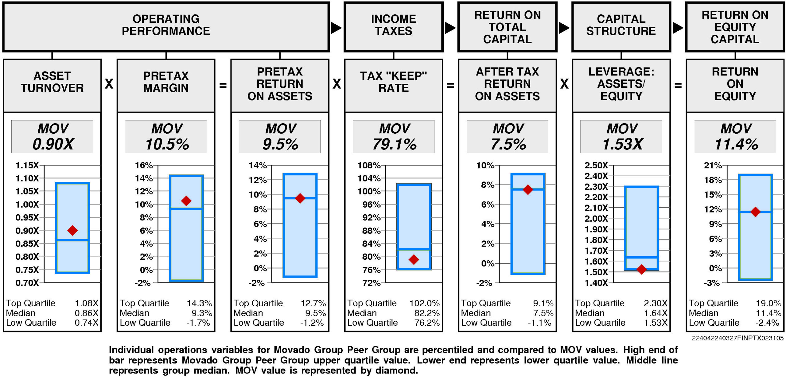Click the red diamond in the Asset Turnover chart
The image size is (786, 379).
[72, 230]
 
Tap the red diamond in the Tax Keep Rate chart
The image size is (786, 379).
[414, 259]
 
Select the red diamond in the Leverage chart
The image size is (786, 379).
[642, 269]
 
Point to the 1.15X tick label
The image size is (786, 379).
[27, 165]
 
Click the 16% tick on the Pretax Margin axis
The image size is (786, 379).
[144, 165]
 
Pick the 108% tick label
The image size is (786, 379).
[369, 165]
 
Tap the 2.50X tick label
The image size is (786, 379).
[596, 165]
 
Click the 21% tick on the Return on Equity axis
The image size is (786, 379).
[713, 165]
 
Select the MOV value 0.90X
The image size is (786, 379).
[53, 144]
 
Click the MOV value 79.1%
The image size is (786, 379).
[395, 144]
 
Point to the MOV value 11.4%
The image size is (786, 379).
[736, 144]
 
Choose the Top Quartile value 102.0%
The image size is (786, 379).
[424, 303]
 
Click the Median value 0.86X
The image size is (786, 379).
[87, 313]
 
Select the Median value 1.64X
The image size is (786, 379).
[656, 313]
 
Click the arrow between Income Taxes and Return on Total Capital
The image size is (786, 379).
[450, 28]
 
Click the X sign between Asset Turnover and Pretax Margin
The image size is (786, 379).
[109, 84]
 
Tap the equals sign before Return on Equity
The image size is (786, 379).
[678, 85]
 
